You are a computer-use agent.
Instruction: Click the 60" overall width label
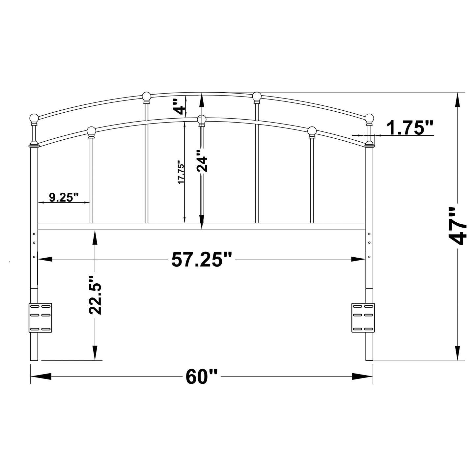click(x=202, y=377)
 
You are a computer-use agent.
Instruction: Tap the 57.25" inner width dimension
click(x=202, y=260)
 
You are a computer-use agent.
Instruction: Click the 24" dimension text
click(x=202, y=161)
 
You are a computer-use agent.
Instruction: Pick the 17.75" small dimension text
click(x=181, y=172)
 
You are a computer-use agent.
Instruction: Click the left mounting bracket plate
click(x=41, y=317)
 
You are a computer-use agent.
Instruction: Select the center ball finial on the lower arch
click(x=202, y=119)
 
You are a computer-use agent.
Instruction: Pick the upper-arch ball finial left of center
click(x=147, y=96)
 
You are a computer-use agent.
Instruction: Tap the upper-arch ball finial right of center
click(x=257, y=96)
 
